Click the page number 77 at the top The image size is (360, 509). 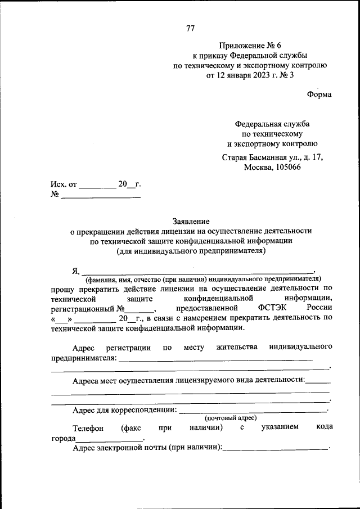coord(190,29)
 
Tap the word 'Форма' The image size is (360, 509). coord(319,94)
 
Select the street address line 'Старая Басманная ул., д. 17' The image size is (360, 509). coord(272,158)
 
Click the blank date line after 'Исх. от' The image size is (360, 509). coord(97,186)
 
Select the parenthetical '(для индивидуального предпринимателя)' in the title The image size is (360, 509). coord(191,251)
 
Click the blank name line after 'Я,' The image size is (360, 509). coord(197,271)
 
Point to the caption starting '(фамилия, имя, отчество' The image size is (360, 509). coord(203,278)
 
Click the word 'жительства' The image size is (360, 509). coord(236,347)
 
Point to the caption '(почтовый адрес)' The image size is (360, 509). coord(231,417)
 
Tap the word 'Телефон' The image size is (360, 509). coord(88,427)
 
